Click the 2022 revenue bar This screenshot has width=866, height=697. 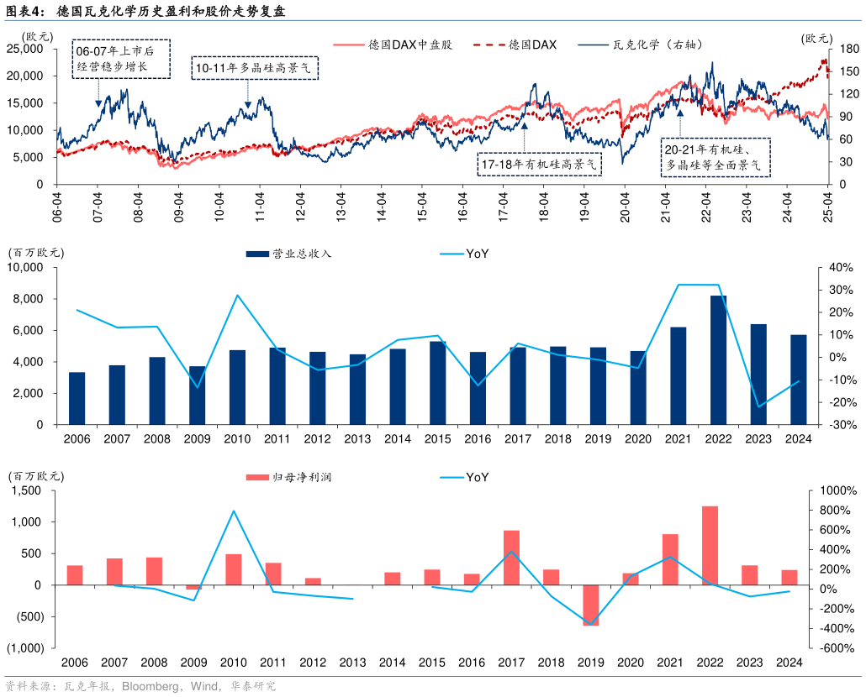pyautogui.click(x=719, y=359)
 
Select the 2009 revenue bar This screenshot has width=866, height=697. pyautogui.click(x=196, y=395)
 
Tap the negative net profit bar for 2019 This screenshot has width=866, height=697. pyautogui.click(x=590, y=605)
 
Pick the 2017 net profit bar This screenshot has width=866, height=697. pyautogui.click(x=511, y=558)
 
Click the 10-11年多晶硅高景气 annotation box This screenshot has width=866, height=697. pyautogui.click(x=256, y=68)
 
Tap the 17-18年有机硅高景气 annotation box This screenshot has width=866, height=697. pyautogui.click(x=540, y=164)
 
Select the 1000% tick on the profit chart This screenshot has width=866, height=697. pyautogui.click(x=837, y=490)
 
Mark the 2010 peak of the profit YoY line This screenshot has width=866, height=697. pyautogui.click(x=234, y=511)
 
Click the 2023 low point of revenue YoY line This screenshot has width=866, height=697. pyautogui.click(x=758, y=406)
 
